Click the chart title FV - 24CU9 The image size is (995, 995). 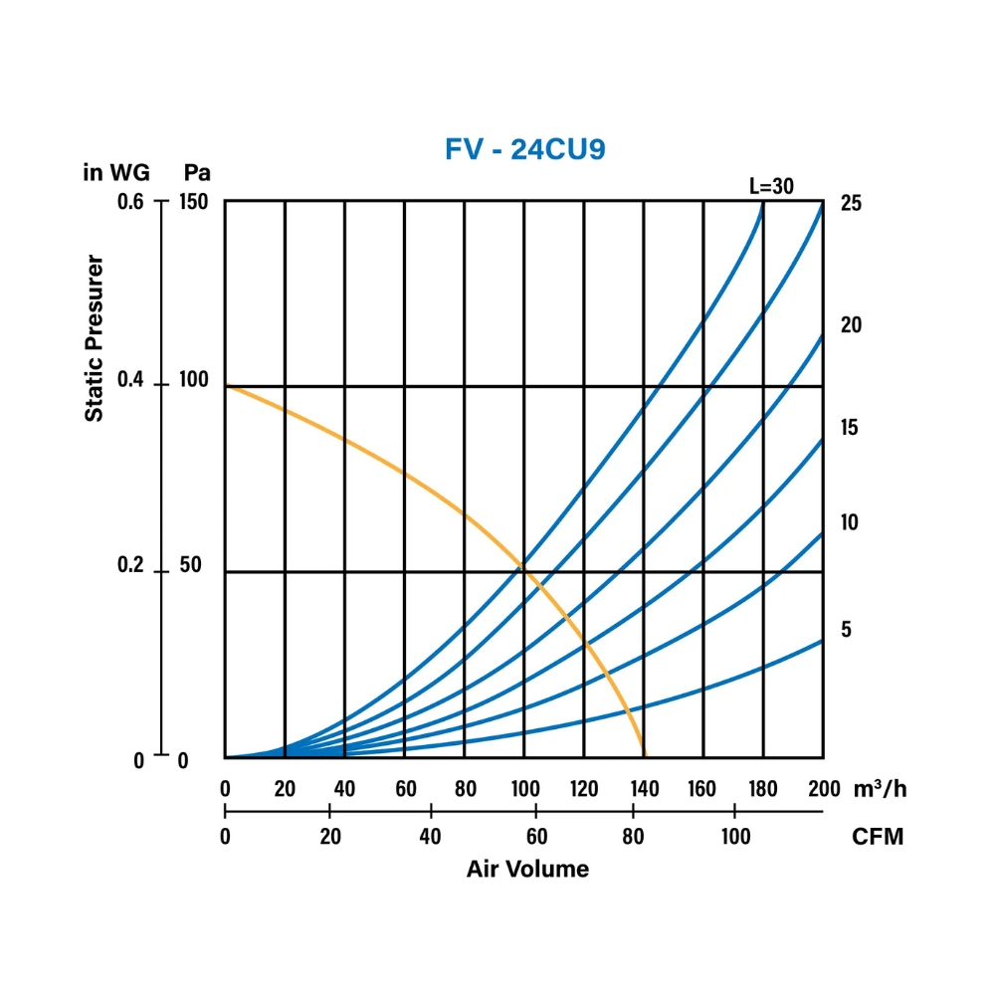click(524, 149)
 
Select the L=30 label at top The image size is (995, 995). click(771, 185)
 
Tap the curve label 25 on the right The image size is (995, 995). click(851, 204)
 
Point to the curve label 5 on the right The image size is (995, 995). click(847, 630)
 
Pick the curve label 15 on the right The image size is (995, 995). click(850, 428)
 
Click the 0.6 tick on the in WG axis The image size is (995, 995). click(130, 202)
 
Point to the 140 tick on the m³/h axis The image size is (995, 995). click(644, 790)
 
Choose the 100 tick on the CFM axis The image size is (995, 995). click(734, 837)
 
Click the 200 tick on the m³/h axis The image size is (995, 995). click(822, 790)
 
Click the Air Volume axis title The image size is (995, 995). click(527, 870)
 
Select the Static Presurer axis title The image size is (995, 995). click(95, 338)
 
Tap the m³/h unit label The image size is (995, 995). click(881, 789)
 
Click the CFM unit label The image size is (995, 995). click(879, 837)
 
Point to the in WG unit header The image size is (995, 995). click(116, 172)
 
